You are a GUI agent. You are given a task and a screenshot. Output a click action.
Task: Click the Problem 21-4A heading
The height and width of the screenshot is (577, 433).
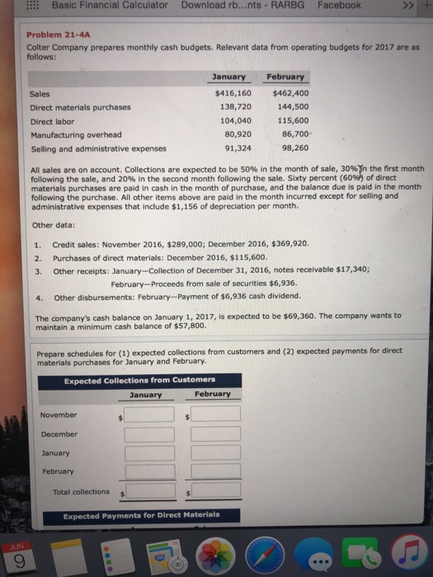[59, 35]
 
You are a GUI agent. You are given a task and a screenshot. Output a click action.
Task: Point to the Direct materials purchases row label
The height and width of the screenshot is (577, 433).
[80, 107]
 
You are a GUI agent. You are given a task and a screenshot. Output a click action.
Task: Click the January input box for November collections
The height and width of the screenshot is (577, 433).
[150, 415]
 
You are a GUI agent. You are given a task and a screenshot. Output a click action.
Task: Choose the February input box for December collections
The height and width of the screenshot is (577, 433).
[216, 434]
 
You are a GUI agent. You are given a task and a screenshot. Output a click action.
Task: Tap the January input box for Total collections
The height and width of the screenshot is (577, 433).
[150, 492]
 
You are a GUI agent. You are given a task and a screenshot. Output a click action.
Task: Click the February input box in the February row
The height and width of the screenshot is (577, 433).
[216, 471]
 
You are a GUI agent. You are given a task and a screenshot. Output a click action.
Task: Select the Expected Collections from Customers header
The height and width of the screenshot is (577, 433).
[139, 379]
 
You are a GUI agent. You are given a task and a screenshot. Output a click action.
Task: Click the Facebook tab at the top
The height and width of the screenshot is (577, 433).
[339, 6]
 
